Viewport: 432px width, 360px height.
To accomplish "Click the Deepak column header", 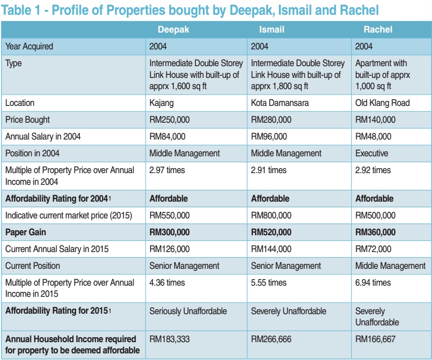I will point(173,30).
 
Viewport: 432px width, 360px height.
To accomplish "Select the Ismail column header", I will point(272,30).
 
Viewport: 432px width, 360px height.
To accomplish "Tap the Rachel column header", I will point(378,30).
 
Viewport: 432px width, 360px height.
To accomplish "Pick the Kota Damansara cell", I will point(279,103).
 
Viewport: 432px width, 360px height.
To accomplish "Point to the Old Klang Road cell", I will point(383,103).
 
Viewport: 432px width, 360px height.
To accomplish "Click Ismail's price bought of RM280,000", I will point(271,120).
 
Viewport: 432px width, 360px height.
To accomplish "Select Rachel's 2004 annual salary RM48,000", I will point(373,136).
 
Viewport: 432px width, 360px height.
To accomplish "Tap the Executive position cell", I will point(371,153).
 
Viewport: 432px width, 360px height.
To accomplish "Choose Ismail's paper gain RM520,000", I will point(271,232).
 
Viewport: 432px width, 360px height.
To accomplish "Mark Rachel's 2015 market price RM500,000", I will point(375,215).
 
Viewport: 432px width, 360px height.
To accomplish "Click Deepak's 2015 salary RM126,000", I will point(169,249).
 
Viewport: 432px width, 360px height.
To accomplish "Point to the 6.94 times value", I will point(373,283).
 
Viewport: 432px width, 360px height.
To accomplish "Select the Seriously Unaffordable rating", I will point(188,311).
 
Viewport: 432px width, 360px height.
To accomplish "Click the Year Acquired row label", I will point(29,46).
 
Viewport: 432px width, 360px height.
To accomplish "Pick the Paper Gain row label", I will point(25,232).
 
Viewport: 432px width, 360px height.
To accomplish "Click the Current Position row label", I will point(33,266).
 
